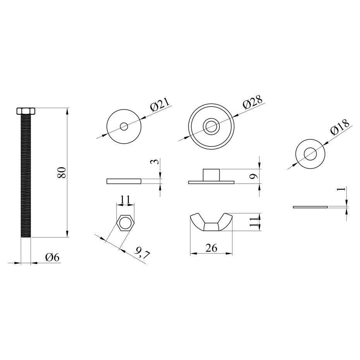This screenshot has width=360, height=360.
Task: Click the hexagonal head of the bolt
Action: [x=26, y=111]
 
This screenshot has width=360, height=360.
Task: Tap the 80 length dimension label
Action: [x=62, y=173]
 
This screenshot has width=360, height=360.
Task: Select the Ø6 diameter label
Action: [x=52, y=257]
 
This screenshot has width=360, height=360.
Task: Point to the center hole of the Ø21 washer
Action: [x=124, y=126]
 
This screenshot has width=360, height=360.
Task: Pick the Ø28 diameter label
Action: [x=252, y=101]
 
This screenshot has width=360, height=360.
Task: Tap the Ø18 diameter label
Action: [x=339, y=127]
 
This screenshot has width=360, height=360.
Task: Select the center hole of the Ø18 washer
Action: [x=310, y=154]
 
